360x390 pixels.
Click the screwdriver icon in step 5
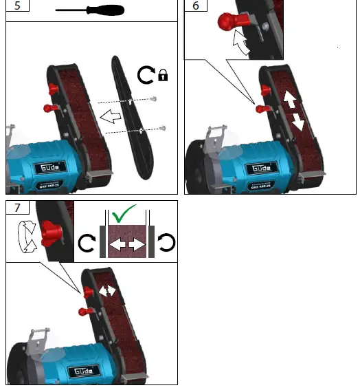89,10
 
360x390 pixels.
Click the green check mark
126,214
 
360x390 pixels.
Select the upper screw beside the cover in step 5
152,100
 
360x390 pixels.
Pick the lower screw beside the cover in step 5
162,127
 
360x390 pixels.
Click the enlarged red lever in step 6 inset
227,23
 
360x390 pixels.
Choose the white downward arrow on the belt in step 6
298,122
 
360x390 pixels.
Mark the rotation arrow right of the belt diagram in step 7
166,243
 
